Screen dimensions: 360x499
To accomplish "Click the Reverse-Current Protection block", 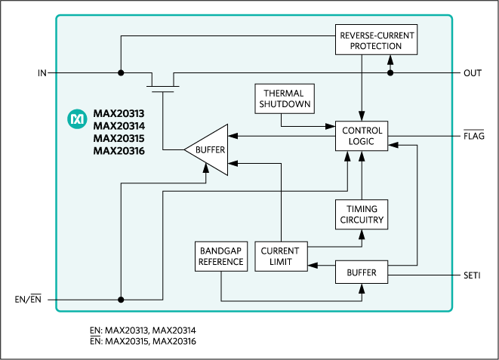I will (x=377, y=40).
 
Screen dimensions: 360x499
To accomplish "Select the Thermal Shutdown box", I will (x=283, y=99).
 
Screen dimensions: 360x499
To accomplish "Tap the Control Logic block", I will (x=362, y=135).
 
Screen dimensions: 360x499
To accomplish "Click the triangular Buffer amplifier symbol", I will (x=208, y=149).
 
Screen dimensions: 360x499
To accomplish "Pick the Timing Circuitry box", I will (x=362, y=214).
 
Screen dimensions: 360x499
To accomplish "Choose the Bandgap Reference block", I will (x=220, y=257).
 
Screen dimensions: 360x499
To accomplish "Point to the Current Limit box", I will (x=280, y=257).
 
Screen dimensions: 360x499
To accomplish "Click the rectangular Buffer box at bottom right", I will (x=362, y=272).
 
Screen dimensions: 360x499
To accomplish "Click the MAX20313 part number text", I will (x=119, y=114).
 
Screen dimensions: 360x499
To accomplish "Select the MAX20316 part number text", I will (x=119, y=151).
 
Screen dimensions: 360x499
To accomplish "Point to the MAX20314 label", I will (x=119, y=126).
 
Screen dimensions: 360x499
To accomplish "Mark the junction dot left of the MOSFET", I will (x=120, y=73).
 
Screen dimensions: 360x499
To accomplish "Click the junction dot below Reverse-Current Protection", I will (x=390, y=73).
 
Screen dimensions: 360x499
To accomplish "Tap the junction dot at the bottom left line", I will (x=120, y=299).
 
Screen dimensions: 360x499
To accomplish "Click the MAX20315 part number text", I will (x=119, y=139).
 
